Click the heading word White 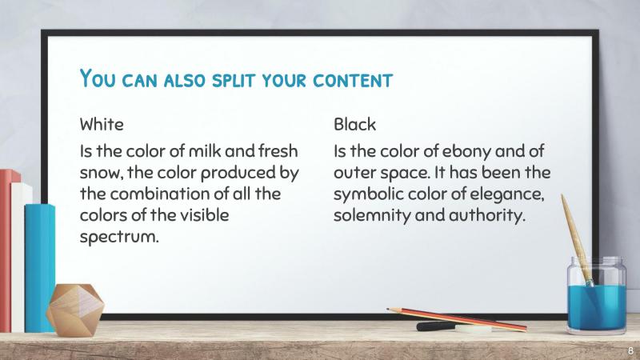102,126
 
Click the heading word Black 355,126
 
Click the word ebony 450,152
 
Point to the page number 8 629,351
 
